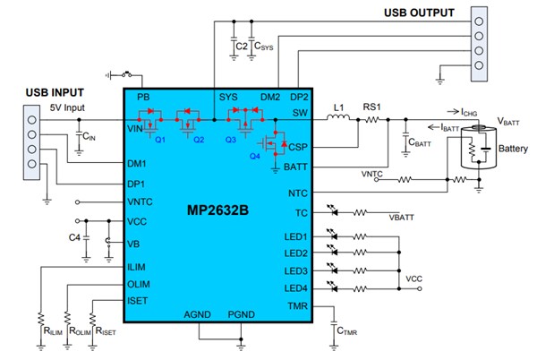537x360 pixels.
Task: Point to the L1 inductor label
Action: point(339,106)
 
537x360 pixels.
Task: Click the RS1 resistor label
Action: point(371,106)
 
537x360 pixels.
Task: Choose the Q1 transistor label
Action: point(160,140)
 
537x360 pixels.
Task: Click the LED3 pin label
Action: point(294,270)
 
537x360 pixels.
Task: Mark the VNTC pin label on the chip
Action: point(143,201)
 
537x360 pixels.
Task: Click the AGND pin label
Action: point(198,314)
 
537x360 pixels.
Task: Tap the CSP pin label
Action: point(297,146)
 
